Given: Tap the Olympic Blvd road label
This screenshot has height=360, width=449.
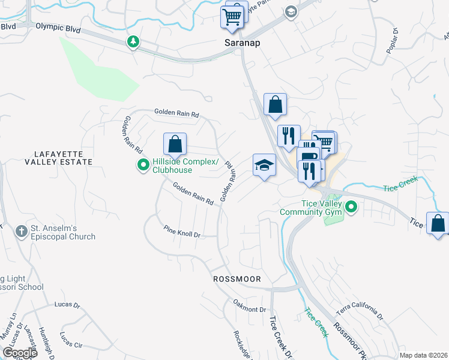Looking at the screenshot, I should (58, 27).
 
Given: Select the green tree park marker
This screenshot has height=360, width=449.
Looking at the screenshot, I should (133, 42).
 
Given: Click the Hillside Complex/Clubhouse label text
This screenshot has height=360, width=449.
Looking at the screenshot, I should (171, 165).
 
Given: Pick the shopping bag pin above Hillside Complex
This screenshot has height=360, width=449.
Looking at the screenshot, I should (175, 145).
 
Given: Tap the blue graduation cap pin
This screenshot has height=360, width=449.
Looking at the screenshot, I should (264, 166).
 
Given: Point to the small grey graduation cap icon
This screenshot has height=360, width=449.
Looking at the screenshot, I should (291, 12).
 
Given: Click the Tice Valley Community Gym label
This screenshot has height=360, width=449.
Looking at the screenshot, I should (311, 208).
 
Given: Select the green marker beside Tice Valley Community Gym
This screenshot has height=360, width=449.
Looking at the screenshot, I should (351, 208).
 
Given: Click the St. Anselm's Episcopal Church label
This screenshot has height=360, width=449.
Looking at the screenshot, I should (63, 232).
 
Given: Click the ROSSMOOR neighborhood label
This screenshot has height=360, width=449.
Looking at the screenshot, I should (237, 280).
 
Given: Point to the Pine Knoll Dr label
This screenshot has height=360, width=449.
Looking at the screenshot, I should (182, 231).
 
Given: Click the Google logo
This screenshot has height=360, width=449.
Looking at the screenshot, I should (20, 353).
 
